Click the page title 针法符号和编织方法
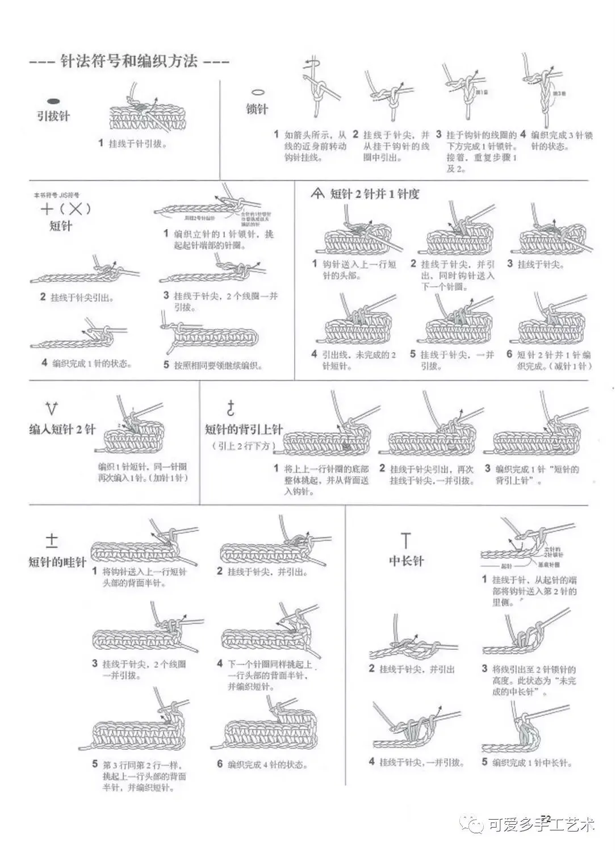pos(129,61)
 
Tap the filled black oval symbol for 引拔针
pos(53,101)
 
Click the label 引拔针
pos(53,116)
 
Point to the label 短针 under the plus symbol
pos(61,226)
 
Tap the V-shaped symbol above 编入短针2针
pos(51,407)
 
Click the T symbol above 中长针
pos(405,540)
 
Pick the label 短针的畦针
pos(57,562)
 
